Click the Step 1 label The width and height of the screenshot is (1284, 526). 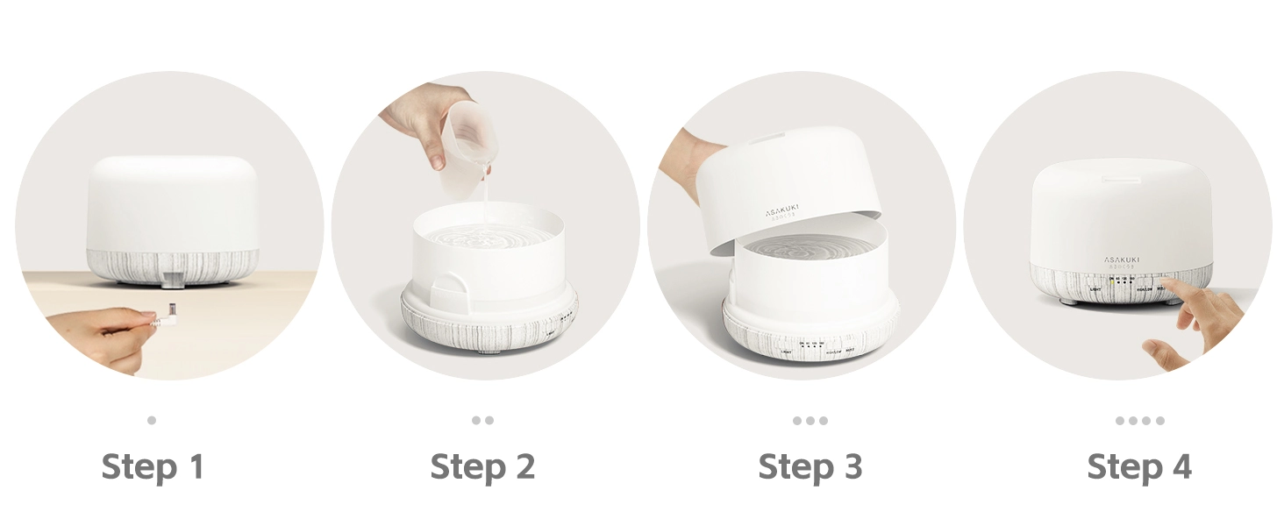153,466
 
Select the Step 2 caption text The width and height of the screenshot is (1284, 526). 482,466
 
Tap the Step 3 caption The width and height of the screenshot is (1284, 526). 810,466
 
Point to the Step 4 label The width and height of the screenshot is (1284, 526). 1139,466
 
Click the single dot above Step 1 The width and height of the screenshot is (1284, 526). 152,420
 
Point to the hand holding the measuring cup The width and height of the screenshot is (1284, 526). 421,118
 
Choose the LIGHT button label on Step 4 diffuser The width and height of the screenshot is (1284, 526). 1094,288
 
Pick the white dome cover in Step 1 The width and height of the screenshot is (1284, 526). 172,203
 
